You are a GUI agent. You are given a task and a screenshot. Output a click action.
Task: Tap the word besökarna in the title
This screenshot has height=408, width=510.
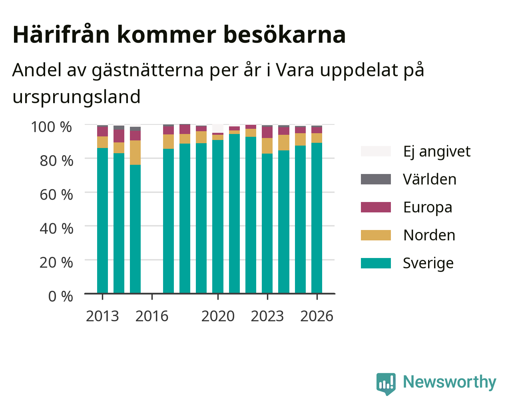pyautogui.click(x=285, y=35)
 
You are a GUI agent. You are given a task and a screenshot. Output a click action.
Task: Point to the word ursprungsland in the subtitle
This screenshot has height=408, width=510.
pyautogui.click(x=77, y=97)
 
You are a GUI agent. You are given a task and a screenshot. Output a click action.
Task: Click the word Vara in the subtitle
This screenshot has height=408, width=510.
pyautogui.click(x=295, y=70)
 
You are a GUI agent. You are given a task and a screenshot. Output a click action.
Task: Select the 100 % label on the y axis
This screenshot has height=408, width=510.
pyautogui.click(x=51, y=127)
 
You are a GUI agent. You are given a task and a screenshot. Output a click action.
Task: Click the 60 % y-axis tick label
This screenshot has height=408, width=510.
pyautogui.click(x=56, y=195)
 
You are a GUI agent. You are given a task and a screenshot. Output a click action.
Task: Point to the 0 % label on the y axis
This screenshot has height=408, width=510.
pyautogui.click(x=60, y=296)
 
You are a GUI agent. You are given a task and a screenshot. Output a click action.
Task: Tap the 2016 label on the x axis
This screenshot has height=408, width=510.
pyautogui.click(x=151, y=316)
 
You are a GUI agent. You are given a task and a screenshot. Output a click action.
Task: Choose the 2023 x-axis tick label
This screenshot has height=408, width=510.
pyautogui.click(x=267, y=316)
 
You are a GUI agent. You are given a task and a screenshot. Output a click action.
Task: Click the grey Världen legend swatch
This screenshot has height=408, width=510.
pyautogui.click(x=376, y=179)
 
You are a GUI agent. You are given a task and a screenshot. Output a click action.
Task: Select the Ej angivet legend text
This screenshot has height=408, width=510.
pyautogui.click(x=437, y=152)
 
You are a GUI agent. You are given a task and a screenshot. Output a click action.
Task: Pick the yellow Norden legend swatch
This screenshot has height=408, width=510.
pyautogui.click(x=376, y=235)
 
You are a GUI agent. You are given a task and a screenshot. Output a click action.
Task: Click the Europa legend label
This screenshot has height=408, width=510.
pyautogui.click(x=428, y=207)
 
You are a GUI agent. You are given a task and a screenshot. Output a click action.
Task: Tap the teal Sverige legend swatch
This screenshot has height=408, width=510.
pyautogui.click(x=376, y=263)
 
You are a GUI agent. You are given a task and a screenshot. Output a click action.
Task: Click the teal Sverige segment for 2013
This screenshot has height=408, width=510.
pyautogui.click(x=102, y=221)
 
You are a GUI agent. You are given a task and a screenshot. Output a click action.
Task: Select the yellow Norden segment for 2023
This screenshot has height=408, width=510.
pyautogui.click(x=267, y=146)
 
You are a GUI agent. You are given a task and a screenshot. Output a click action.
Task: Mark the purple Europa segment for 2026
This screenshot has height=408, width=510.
pyautogui.click(x=317, y=130)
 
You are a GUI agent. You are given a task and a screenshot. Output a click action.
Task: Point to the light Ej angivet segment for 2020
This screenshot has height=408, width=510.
pyautogui.click(x=218, y=128)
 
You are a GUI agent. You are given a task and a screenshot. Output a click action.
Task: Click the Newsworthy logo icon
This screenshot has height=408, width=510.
pyautogui.click(x=386, y=384)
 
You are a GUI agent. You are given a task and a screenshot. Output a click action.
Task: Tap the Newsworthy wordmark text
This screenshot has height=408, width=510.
pyautogui.click(x=450, y=382)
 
